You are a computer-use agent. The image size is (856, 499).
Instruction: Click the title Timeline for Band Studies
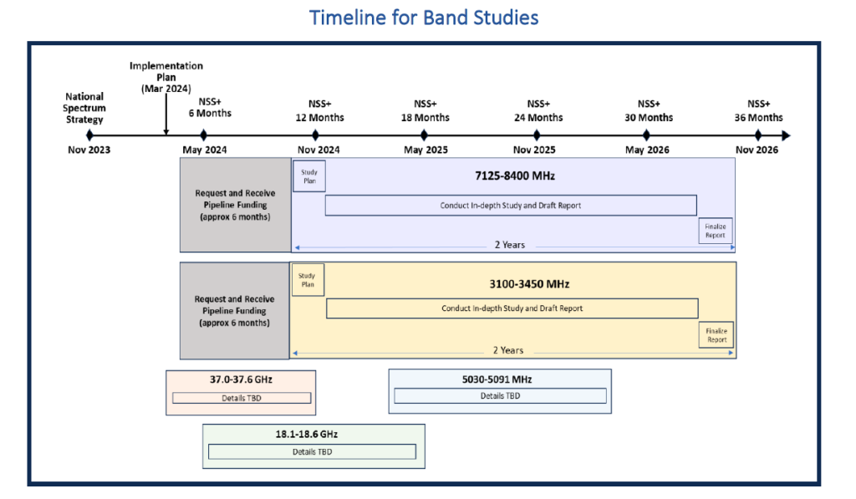(424, 17)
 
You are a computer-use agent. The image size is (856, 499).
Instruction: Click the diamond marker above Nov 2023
(89, 135)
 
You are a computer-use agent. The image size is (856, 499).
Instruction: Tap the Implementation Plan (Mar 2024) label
(166, 77)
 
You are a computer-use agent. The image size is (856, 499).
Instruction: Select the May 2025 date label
(425, 150)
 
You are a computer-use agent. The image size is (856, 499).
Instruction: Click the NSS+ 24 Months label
(538, 110)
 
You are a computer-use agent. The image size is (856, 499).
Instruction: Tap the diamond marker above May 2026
(646, 135)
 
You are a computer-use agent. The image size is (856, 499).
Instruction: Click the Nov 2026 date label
(757, 150)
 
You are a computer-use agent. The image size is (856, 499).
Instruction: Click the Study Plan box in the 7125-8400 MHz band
(308, 176)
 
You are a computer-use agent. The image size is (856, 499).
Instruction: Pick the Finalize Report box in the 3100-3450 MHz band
(716, 335)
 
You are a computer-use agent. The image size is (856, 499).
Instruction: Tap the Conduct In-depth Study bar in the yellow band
(512, 308)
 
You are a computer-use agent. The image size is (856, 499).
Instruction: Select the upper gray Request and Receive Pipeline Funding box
(235, 205)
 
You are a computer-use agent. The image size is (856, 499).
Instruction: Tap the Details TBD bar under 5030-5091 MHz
(500, 396)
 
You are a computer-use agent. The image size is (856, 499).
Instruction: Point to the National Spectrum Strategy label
(84, 108)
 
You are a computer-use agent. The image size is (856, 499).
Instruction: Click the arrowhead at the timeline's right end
(785, 135)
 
